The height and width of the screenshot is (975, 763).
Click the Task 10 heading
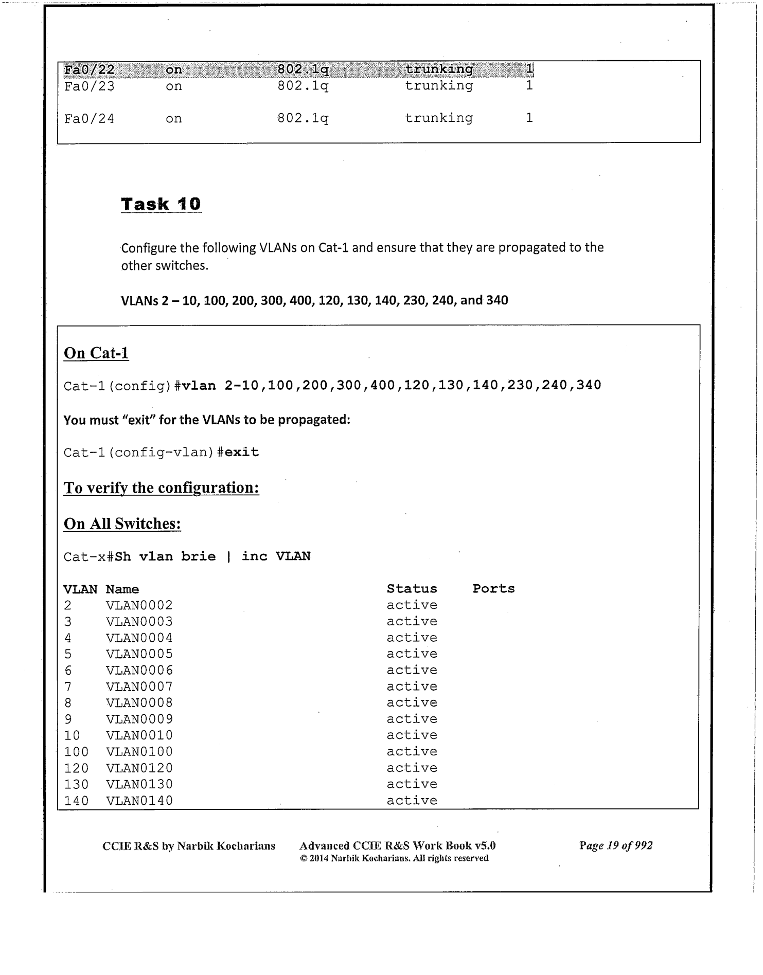tap(161, 204)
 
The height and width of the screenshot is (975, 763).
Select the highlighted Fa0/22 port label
tap(89, 69)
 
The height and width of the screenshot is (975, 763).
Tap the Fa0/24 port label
tap(89, 119)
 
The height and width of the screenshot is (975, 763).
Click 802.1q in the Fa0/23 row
tap(303, 86)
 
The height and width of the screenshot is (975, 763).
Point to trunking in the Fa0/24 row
tap(438, 118)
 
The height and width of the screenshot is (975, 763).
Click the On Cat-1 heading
tap(96, 353)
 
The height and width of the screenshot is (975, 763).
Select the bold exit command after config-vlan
tap(242, 453)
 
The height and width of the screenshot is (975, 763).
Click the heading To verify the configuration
tap(161, 487)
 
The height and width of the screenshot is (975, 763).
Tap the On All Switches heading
tap(122, 523)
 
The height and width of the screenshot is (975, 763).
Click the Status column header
tap(412, 589)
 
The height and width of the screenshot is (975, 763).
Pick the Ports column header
tap(493, 589)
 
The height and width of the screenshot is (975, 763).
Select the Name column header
tap(122, 589)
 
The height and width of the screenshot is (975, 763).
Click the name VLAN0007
tap(139, 687)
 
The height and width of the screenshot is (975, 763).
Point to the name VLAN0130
tap(139, 784)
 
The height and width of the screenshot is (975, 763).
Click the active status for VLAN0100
tap(412, 752)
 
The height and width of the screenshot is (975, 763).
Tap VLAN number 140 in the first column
tap(76, 801)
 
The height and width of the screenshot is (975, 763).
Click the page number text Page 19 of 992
tap(615, 845)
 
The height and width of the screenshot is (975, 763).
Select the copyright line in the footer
tap(394, 858)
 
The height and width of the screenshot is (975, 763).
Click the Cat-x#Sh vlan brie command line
tap(187, 556)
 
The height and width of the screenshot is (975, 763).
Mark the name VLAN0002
tap(139, 605)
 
